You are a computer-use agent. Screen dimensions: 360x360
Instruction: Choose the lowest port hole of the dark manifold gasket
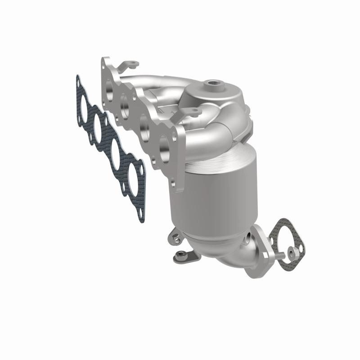135,171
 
